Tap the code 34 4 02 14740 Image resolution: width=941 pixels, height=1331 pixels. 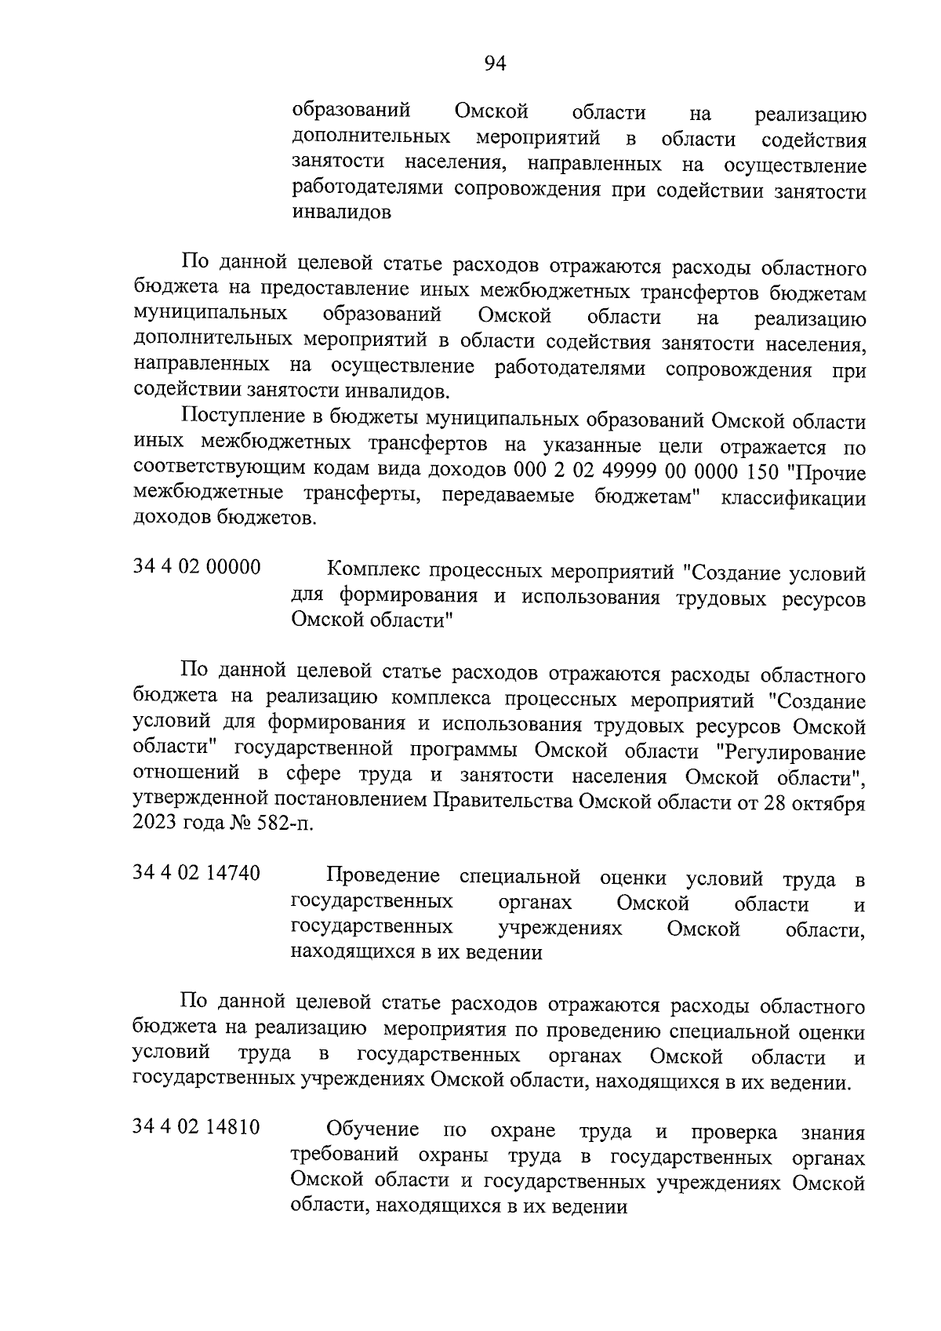[x=197, y=873]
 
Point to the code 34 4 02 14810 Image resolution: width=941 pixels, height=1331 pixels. [x=197, y=1127]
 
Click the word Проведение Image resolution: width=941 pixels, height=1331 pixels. [x=383, y=876]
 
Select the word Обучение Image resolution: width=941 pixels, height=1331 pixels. [x=372, y=1130]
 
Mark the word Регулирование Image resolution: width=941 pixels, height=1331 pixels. [x=792, y=752]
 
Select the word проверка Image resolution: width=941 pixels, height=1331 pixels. [x=734, y=1132]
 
